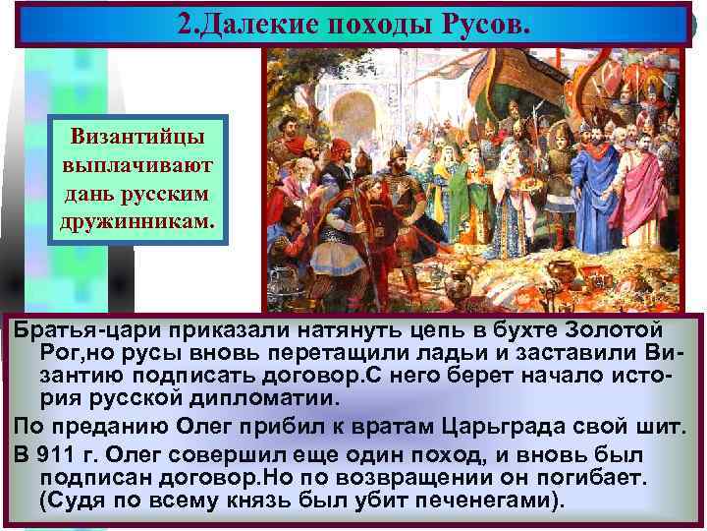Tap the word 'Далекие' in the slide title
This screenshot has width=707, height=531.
(x=257, y=23)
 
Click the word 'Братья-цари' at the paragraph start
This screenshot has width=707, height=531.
(x=73, y=330)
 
